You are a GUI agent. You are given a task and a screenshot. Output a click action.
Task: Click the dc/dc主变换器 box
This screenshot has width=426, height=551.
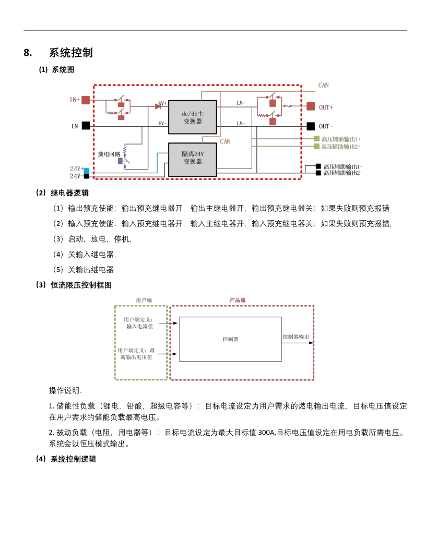click(193, 117)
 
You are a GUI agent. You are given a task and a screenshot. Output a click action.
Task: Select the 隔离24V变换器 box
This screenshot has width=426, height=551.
click(193, 160)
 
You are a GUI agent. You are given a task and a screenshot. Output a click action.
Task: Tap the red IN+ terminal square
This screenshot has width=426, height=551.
click(86, 100)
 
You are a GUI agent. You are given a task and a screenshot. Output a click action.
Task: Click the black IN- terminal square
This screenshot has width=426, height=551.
click(86, 125)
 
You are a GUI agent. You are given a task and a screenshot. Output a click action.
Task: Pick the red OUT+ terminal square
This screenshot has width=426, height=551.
click(311, 106)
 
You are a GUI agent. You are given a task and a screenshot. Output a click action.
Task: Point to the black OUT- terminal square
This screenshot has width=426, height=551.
click(311, 126)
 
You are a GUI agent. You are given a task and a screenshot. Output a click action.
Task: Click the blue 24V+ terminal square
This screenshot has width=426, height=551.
click(86, 171)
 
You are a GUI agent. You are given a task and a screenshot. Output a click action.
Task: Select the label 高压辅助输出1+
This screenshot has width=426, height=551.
click(341, 139)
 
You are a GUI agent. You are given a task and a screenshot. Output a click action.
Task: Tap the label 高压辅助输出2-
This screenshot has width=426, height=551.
click(342, 173)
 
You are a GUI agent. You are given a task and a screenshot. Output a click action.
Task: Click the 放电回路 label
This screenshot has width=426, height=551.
click(109, 154)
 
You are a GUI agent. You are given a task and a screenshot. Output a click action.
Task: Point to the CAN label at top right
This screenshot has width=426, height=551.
click(323, 85)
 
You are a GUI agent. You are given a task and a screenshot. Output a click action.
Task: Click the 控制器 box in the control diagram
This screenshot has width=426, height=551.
click(230, 339)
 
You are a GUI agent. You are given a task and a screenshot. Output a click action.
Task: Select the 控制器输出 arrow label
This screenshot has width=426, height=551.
click(296, 337)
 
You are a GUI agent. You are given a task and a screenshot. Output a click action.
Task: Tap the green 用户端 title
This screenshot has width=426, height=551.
click(144, 300)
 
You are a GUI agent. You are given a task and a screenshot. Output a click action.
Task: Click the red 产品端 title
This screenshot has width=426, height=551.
click(238, 300)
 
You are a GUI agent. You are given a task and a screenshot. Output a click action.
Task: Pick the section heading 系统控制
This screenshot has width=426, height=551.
click(71, 53)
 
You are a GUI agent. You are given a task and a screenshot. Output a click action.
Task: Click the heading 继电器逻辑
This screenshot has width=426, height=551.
click(69, 193)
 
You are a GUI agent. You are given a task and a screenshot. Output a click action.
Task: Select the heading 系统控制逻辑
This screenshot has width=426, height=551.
click(74, 459)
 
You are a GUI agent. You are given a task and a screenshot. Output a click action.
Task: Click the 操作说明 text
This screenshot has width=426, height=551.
click(65, 390)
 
